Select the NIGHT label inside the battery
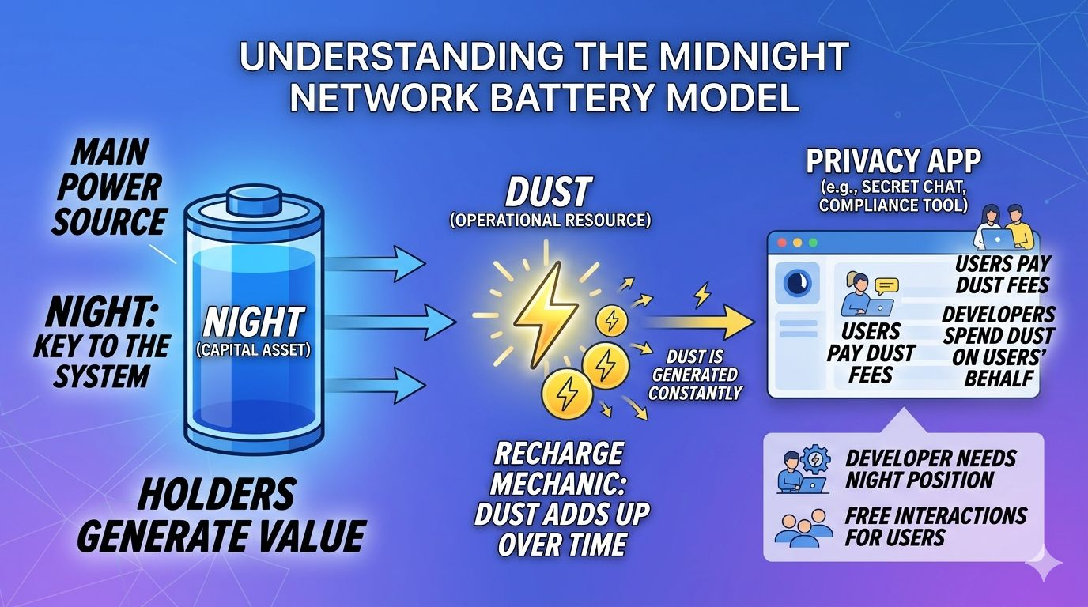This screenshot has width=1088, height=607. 252,322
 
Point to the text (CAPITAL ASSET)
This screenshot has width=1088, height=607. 252,349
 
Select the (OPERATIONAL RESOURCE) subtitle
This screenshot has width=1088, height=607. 550,221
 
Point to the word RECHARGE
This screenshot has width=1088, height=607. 558,454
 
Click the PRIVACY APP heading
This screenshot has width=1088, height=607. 893,162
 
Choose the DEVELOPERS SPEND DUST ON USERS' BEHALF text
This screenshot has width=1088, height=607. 998,346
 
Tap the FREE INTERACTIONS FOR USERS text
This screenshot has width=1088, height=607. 935,526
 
